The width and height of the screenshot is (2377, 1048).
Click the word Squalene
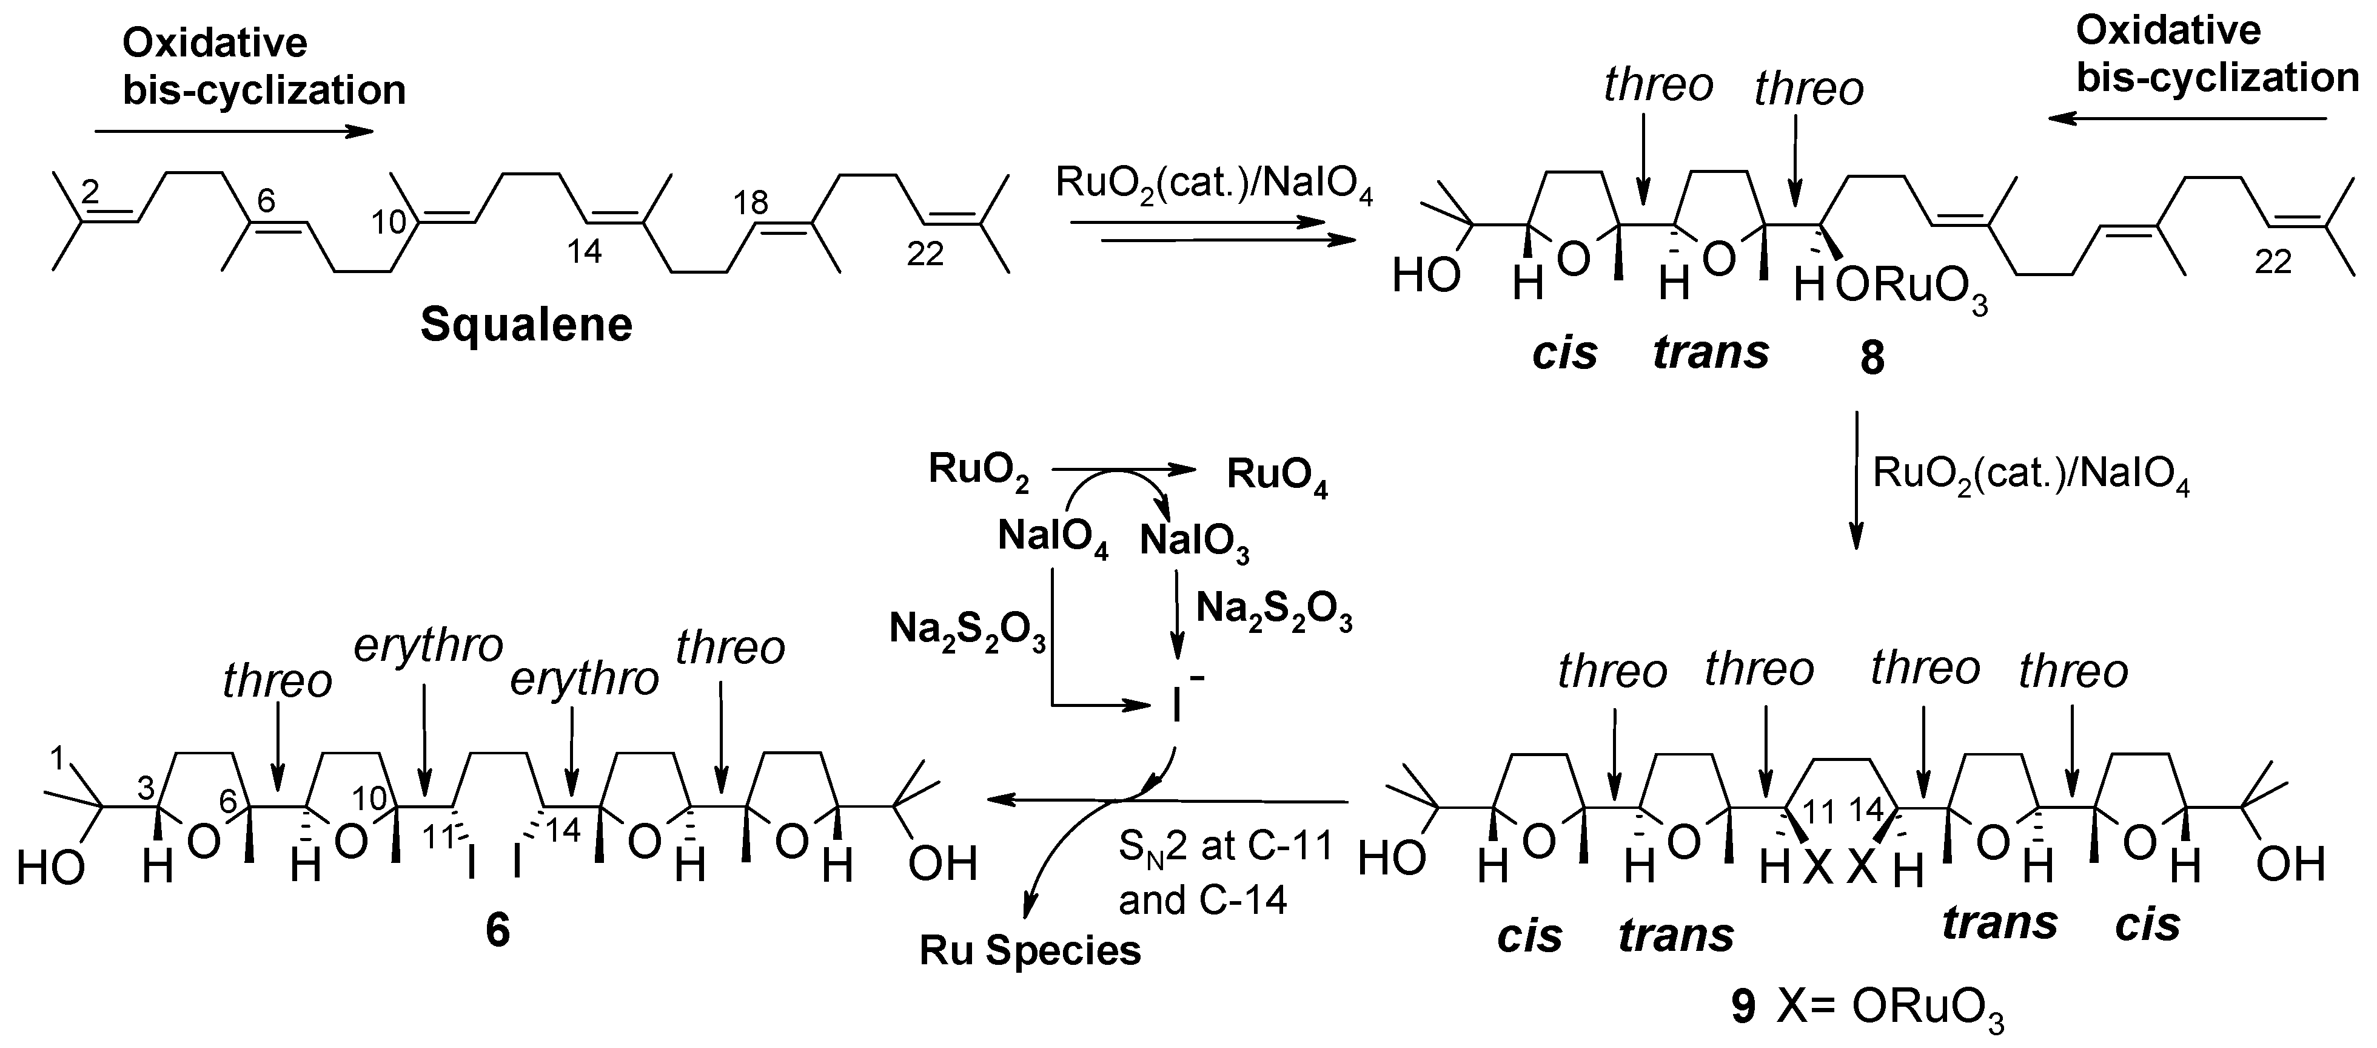click(x=526, y=325)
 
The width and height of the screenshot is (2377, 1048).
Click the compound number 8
click(x=1871, y=358)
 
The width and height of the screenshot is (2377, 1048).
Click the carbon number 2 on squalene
click(x=90, y=192)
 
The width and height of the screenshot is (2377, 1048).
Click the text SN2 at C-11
click(x=1225, y=846)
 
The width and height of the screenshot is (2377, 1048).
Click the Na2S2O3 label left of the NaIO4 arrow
click(x=967, y=630)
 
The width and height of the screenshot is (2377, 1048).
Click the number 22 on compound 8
click(x=2273, y=262)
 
